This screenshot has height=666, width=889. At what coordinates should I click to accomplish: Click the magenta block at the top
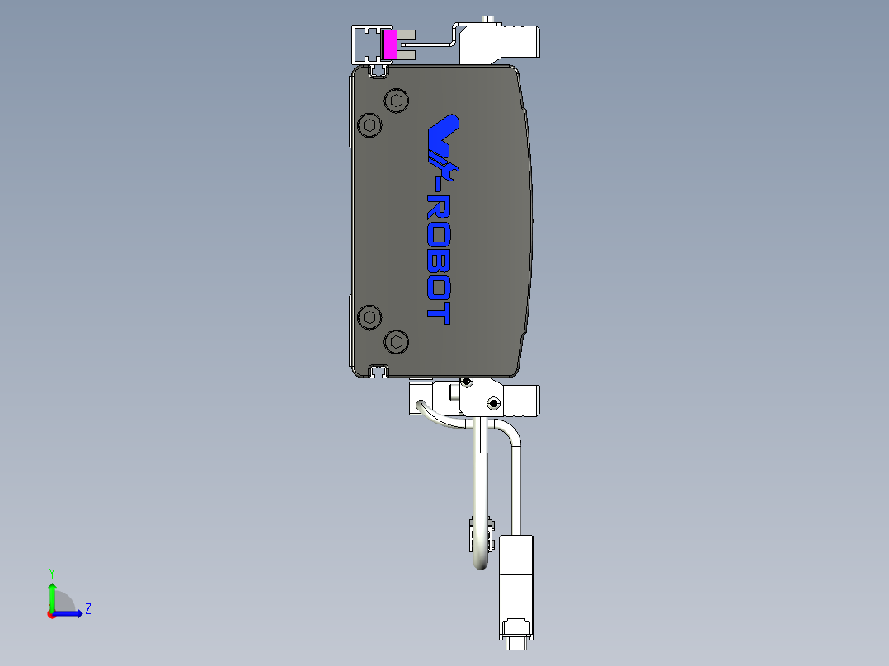click(389, 45)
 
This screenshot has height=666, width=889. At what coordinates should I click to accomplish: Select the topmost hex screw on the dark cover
click(397, 101)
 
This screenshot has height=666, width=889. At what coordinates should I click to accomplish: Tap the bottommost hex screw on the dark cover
click(397, 340)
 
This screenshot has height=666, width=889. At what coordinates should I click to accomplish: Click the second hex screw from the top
click(369, 126)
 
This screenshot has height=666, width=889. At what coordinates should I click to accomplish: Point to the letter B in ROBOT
click(439, 262)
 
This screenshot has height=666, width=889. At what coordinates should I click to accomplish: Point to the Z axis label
click(87, 609)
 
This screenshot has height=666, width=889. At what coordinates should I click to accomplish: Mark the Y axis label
click(52, 572)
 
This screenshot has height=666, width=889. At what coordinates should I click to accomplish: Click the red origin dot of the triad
click(51, 613)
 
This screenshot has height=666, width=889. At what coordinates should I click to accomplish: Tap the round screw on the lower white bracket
click(492, 403)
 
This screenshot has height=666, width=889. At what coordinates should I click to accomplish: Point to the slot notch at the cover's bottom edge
click(379, 370)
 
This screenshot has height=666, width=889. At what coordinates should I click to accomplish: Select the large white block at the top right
click(499, 43)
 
